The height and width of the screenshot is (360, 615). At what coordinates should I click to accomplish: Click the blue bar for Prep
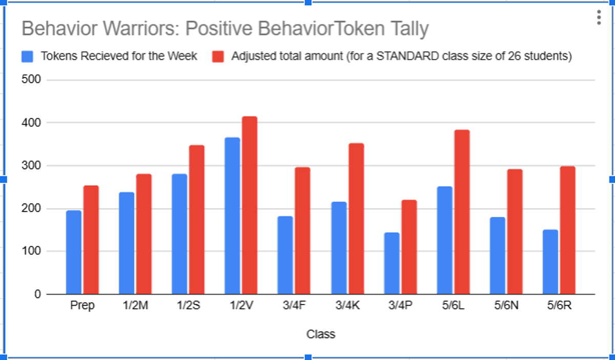click(74, 252)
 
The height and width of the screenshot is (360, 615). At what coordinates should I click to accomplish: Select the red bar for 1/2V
click(250, 205)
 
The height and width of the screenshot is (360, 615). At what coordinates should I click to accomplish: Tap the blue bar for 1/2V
click(232, 216)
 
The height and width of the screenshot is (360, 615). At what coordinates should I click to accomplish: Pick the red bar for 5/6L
click(462, 212)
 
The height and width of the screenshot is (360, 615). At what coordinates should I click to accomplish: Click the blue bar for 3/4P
click(392, 263)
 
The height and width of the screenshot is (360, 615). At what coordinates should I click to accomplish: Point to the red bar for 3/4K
click(356, 219)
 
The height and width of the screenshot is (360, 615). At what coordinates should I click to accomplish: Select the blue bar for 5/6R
click(550, 262)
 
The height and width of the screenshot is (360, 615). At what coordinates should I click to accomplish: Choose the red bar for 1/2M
click(144, 234)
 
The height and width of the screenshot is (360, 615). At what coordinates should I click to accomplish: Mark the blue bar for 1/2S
click(179, 234)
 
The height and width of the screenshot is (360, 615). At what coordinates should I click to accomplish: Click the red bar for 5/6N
click(515, 232)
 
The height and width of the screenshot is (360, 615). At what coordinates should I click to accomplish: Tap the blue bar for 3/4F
click(285, 255)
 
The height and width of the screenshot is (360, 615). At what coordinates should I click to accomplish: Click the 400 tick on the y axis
click(31, 123)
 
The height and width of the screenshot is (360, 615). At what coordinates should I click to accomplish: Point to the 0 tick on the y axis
click(37, 294)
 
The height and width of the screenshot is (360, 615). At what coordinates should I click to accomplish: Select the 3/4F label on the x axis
click(294, 305)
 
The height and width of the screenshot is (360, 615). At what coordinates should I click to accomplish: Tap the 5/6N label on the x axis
click(506, 305)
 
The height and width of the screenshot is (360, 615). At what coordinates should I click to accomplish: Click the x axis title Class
click(321, 334)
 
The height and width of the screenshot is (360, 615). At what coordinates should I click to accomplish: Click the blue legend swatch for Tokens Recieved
click(27, 56)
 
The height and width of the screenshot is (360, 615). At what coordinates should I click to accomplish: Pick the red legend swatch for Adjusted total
click(218, 56)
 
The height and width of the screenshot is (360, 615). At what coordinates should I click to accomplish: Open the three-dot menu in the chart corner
click(599, 17)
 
